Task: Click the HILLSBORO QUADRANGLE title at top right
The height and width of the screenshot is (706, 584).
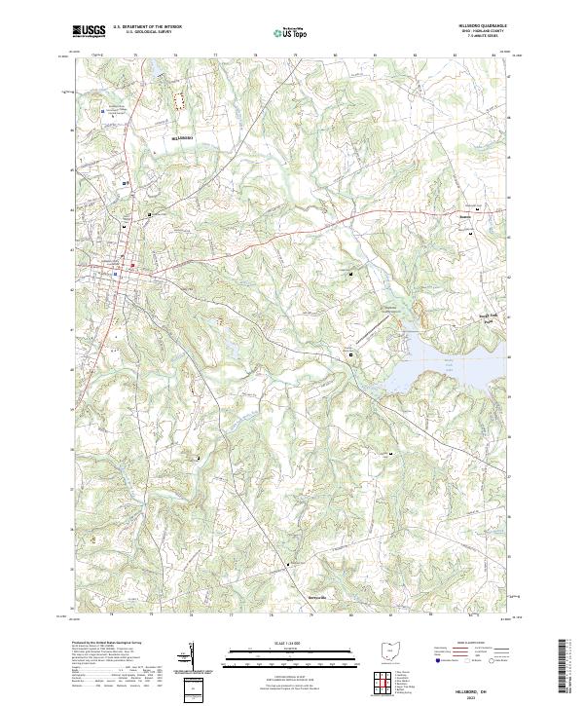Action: [474, 27]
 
